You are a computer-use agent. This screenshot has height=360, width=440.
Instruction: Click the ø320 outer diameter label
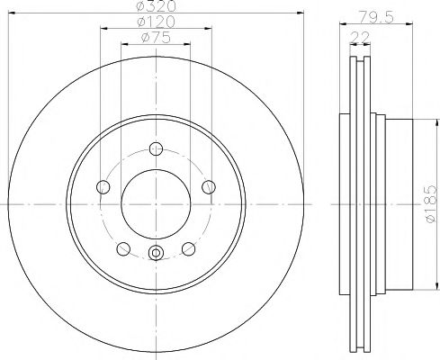(x=156, y=7)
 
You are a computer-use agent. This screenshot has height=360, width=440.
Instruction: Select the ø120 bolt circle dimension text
(x=156, y=22)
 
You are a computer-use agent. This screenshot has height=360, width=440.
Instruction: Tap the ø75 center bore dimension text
(x=156, y=36)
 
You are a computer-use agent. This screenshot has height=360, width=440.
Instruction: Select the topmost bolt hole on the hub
(x=156, y=149)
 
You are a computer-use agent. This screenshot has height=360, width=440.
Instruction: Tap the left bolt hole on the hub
(x=102, y=187)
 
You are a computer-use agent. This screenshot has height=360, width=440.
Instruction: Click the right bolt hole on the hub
(x=210, y=187)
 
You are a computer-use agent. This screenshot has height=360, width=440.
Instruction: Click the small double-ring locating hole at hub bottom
(x=156, y=254)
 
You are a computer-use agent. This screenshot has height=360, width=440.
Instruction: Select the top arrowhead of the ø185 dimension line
(x=417, y=119)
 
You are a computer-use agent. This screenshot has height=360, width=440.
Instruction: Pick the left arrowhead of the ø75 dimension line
(x=123, y=43)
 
